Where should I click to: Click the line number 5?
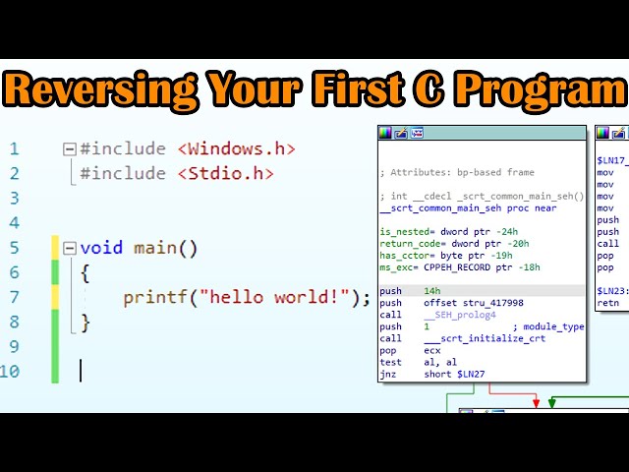pyautogui.click(x=14, y=248)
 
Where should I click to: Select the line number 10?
pyautogui.click(x=10, y=371)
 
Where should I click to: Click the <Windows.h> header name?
pyautogui.click(x=236, y=148)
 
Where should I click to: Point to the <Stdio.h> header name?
pyautogui.click(x=225, y=173)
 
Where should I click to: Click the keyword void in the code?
pyautogui.click(x=102, y=248)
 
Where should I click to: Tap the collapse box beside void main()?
pyautogui.click(x=69, y=248)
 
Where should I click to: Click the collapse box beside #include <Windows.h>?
pyautogui.click(x=69, y=149)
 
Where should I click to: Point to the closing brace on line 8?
pyautogui.click(x=86, y=322)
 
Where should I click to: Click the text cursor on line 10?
pyautogui.click(x=81, y=371)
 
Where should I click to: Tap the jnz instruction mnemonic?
pyautogui.click(x=389, y=374)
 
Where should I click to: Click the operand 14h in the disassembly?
pyautogui.click(x=431, y=291)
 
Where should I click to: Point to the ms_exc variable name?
pyautogui.click(x=398, y=267)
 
